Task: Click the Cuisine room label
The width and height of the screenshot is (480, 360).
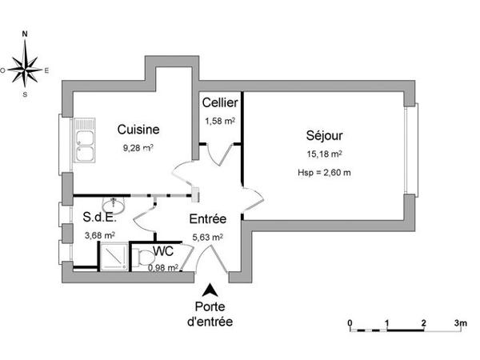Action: (x=138, y=129)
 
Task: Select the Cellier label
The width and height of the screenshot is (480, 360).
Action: (x=218, y=103)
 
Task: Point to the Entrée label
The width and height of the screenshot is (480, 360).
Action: (x=207, y=219)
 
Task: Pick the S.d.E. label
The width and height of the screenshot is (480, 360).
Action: (x=99, y=217)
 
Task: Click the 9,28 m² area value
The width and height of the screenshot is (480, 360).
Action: (x=138, y=147)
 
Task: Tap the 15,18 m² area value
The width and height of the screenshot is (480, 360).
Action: (x=324, y=154)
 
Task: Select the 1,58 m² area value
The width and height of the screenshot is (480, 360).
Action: (x=218, y=121)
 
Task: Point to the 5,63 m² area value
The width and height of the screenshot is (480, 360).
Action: (x=207, y=237)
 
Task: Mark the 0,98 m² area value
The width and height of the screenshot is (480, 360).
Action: (x=162, y=267)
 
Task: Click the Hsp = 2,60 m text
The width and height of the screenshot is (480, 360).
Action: (x=324, y=173)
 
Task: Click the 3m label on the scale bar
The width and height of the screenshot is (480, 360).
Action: (x=460, y=322)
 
